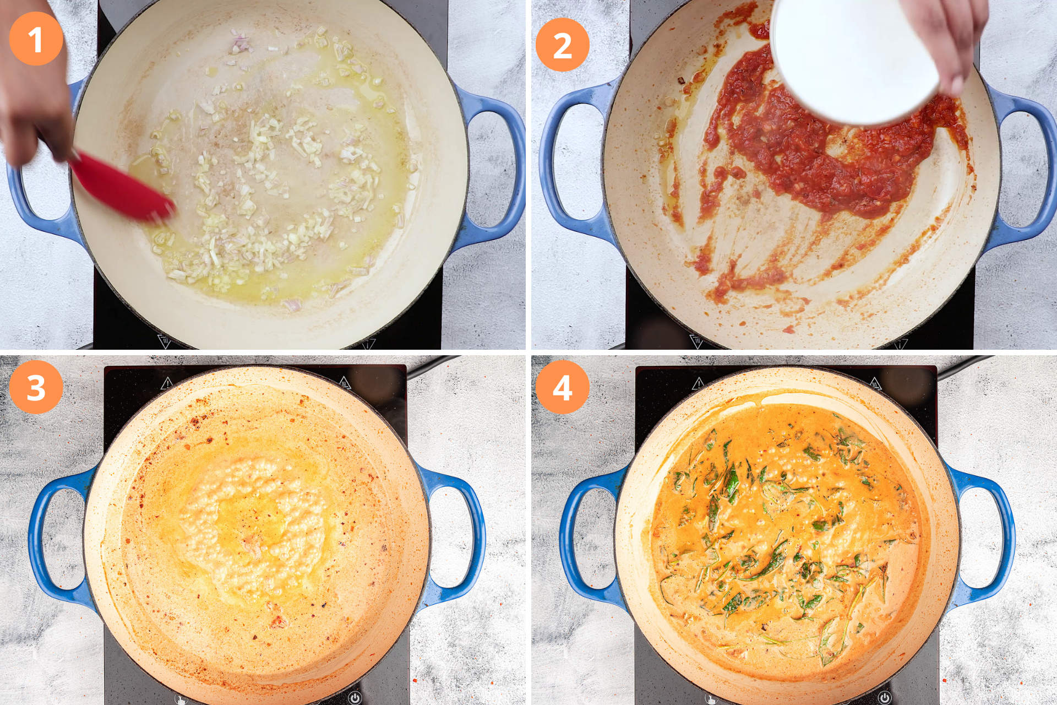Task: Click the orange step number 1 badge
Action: [36, 39]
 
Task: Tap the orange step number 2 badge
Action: [562, 45]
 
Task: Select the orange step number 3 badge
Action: [36, 387]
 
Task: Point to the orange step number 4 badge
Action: [562, 387]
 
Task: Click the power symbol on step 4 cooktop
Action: [884, 698]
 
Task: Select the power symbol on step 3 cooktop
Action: [355, 698]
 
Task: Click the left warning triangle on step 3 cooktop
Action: [167, 383]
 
